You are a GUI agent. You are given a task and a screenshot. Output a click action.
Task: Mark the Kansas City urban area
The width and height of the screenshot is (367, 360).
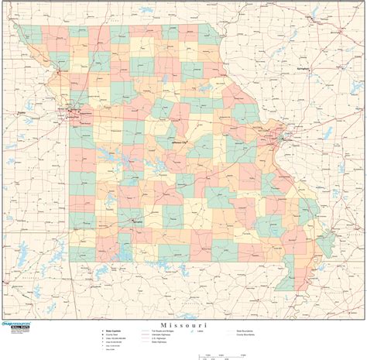click(x=72, y=114)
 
